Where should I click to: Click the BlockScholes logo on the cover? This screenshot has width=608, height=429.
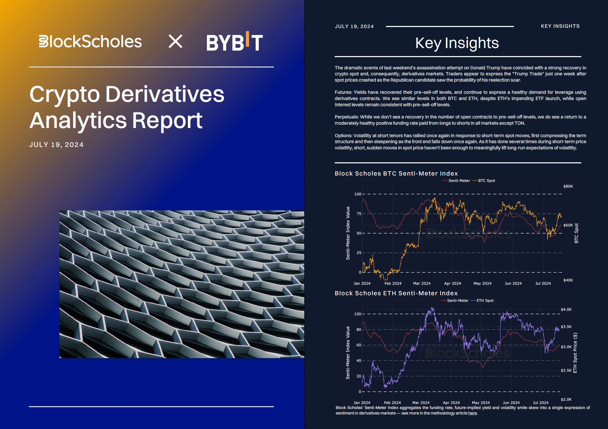[90, 42]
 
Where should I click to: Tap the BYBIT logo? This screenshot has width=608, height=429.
[235, 41]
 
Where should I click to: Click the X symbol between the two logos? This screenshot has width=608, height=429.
[175, 41]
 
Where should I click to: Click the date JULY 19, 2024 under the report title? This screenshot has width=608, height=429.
[56, 145]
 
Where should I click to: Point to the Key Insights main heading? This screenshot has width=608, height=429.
[457, 43]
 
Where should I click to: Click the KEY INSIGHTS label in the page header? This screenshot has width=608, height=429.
[560, 26]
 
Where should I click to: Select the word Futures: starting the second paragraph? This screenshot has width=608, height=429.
[343, 92]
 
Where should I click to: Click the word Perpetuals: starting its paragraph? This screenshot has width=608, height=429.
[347, 117]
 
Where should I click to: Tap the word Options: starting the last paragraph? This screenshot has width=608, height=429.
[343, 136]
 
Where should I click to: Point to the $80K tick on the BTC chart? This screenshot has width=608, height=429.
[568, 186]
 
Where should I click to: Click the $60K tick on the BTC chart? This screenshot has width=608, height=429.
[568, 225]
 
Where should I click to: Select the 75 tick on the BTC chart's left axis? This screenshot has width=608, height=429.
[359, 214]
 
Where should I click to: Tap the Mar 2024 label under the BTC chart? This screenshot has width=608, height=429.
[422, 283]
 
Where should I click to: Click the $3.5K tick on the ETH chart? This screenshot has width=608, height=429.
[566, 327]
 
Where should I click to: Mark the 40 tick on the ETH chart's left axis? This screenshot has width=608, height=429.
[359, 361]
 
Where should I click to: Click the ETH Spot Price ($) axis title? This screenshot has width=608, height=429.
[575, 353]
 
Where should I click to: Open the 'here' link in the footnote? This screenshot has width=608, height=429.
[472, 413]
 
